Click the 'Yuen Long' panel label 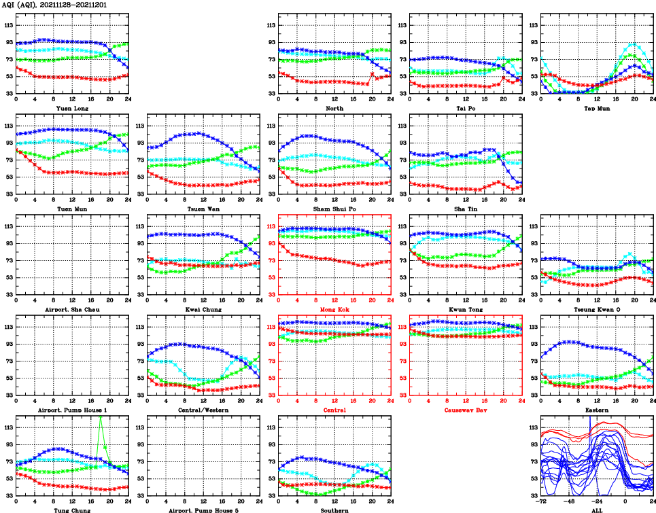pos(72,108)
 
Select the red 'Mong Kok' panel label pos(334,309)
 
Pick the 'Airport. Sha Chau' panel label pos(72,309)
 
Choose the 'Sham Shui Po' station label pos(334,209)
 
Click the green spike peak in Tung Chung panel pos(100,416)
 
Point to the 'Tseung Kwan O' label pos(597,309)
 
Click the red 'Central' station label pos(334,410)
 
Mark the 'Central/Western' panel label pos(203,410)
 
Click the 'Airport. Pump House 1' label pos(72,410)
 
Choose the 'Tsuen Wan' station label pos(203,209)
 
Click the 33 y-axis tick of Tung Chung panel pos(9,495)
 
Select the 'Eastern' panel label pos(597,410)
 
